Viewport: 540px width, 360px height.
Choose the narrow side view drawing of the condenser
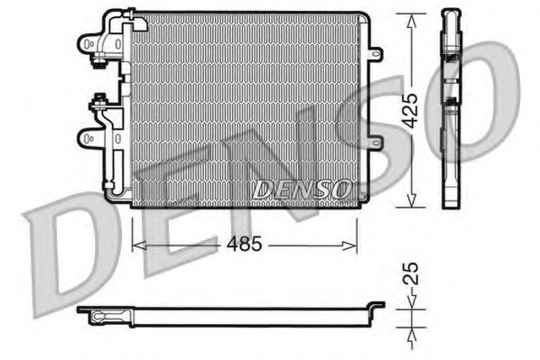pyautogui.click(x=452, y=108)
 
